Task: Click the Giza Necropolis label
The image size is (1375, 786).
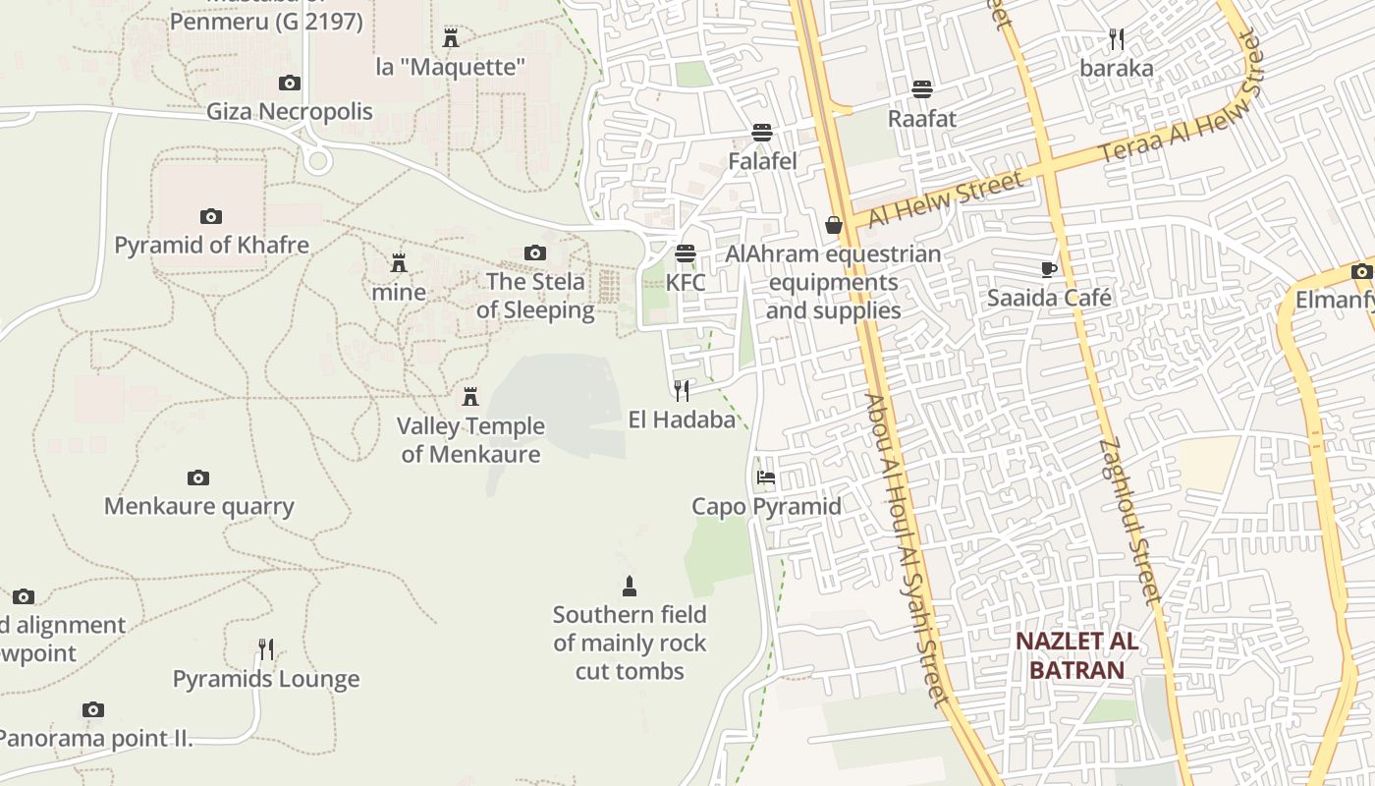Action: pos(289,111)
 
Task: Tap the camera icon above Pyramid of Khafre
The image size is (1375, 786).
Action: pos(210,216)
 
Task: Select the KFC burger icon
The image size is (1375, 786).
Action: pos(685,253)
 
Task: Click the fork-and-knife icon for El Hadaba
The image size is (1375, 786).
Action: pos(682,390)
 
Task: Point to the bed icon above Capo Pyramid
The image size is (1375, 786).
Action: pos(766,477)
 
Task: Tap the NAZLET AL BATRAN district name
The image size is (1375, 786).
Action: pos(1076,656)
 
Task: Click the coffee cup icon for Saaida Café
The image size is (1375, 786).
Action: pos(1049,269)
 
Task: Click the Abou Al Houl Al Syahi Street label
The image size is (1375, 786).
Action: pos(909,550)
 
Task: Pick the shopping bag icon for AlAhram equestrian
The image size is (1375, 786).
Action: pos(834,225)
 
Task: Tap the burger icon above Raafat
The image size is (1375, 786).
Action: pos(921,89)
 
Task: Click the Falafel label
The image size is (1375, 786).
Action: pos(762,160)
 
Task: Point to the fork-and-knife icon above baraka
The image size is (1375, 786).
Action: pos(1116,39)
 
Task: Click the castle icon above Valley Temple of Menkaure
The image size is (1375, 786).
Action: pos(470,397)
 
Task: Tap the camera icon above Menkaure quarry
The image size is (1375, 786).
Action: pos(198,478)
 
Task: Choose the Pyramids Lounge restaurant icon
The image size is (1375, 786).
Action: pos(265,649)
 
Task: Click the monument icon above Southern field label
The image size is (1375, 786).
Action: pos(630,587)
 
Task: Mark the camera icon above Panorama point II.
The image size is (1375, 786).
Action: pos(93,709)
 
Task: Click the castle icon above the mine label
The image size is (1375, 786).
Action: pos(399,263)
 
